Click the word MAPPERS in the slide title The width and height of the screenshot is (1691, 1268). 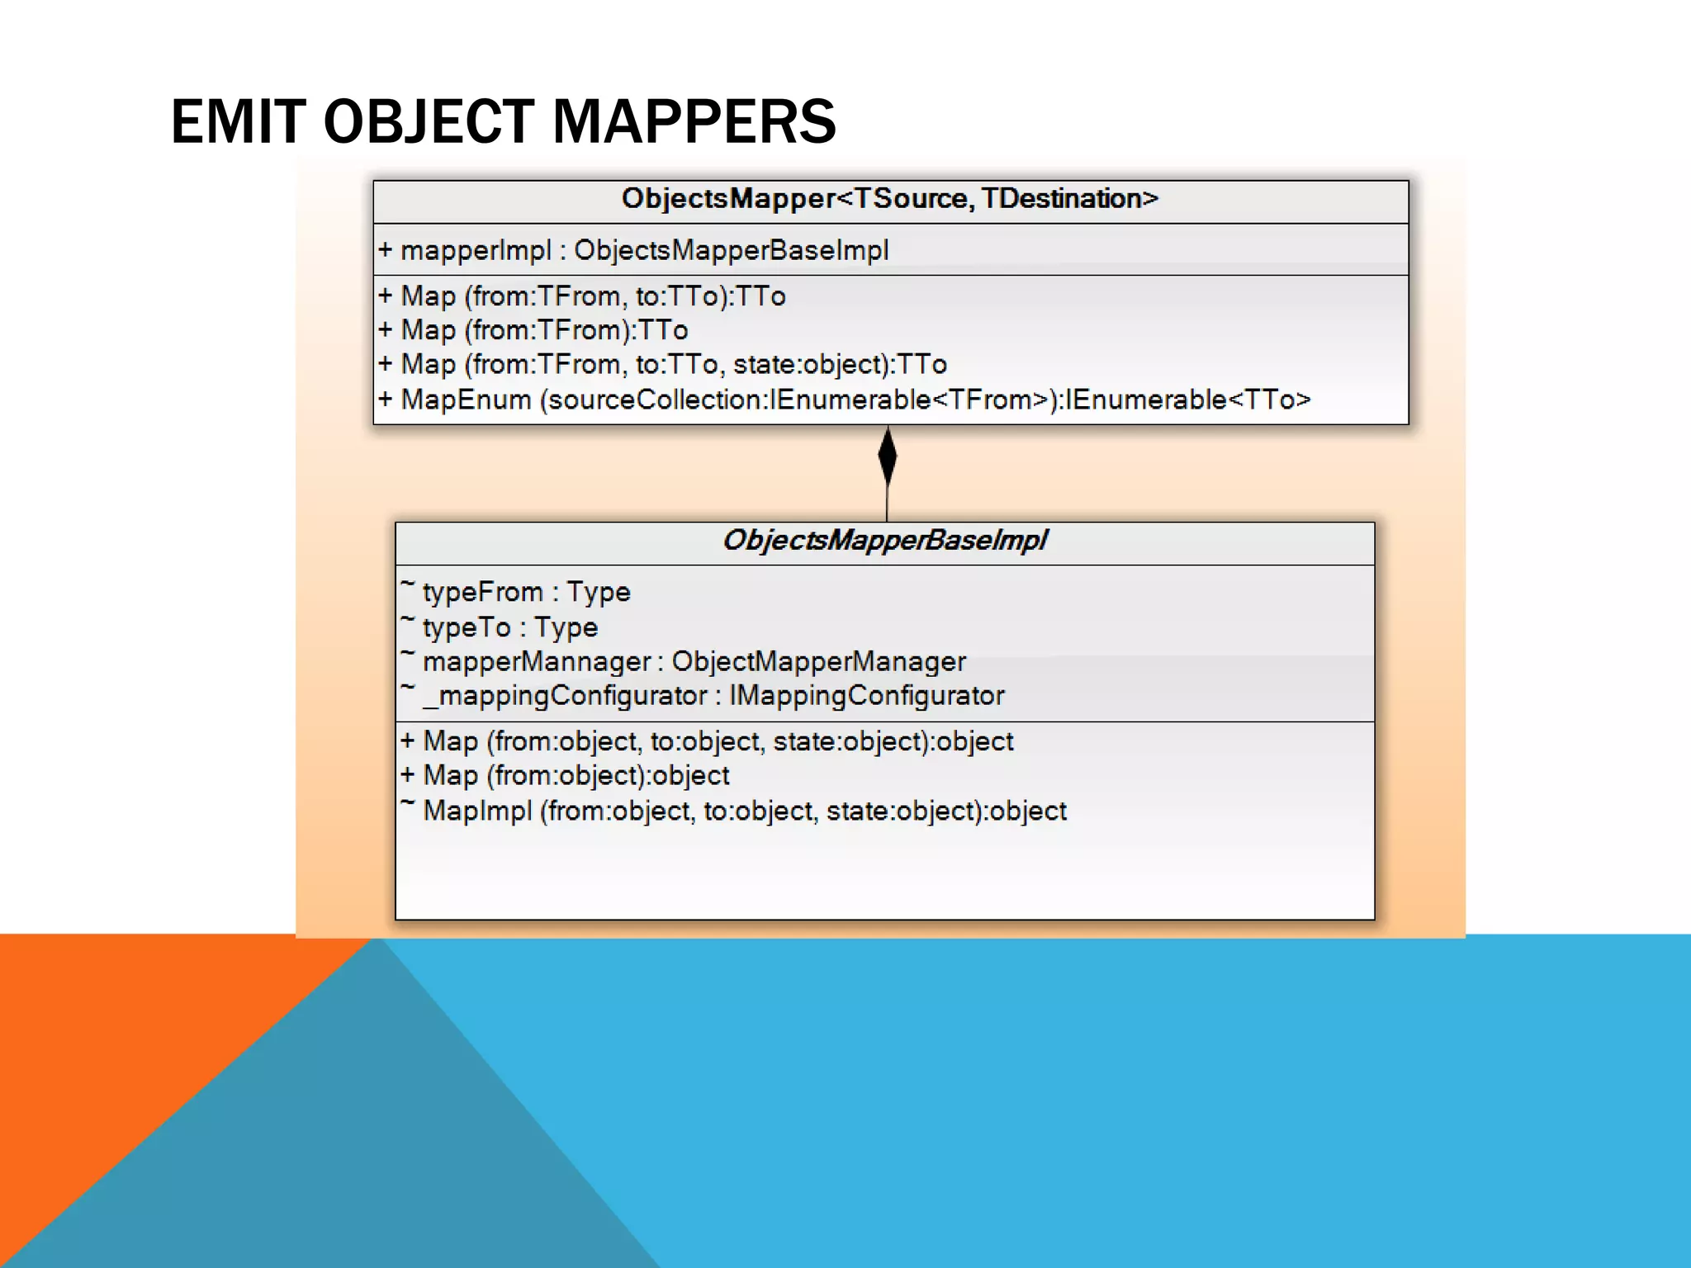click(694, 121)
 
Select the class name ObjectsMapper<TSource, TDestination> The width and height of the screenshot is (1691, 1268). click(890, 199)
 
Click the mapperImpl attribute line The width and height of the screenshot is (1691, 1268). click(634, 250)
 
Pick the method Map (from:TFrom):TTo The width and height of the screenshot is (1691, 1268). click(533, 330)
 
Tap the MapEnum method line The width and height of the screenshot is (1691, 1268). click(844, 400)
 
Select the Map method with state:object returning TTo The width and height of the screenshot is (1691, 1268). click(663, 364)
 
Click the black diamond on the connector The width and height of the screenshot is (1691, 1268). click(888, 456)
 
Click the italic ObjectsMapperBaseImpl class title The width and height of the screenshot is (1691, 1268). click(884, 540)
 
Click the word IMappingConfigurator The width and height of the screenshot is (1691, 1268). click(866, 696)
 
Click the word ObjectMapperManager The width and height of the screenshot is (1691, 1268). click(818, 661)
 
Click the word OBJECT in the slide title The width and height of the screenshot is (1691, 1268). click(429, 121)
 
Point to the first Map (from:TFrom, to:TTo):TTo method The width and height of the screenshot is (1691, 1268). click(582, 296)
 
